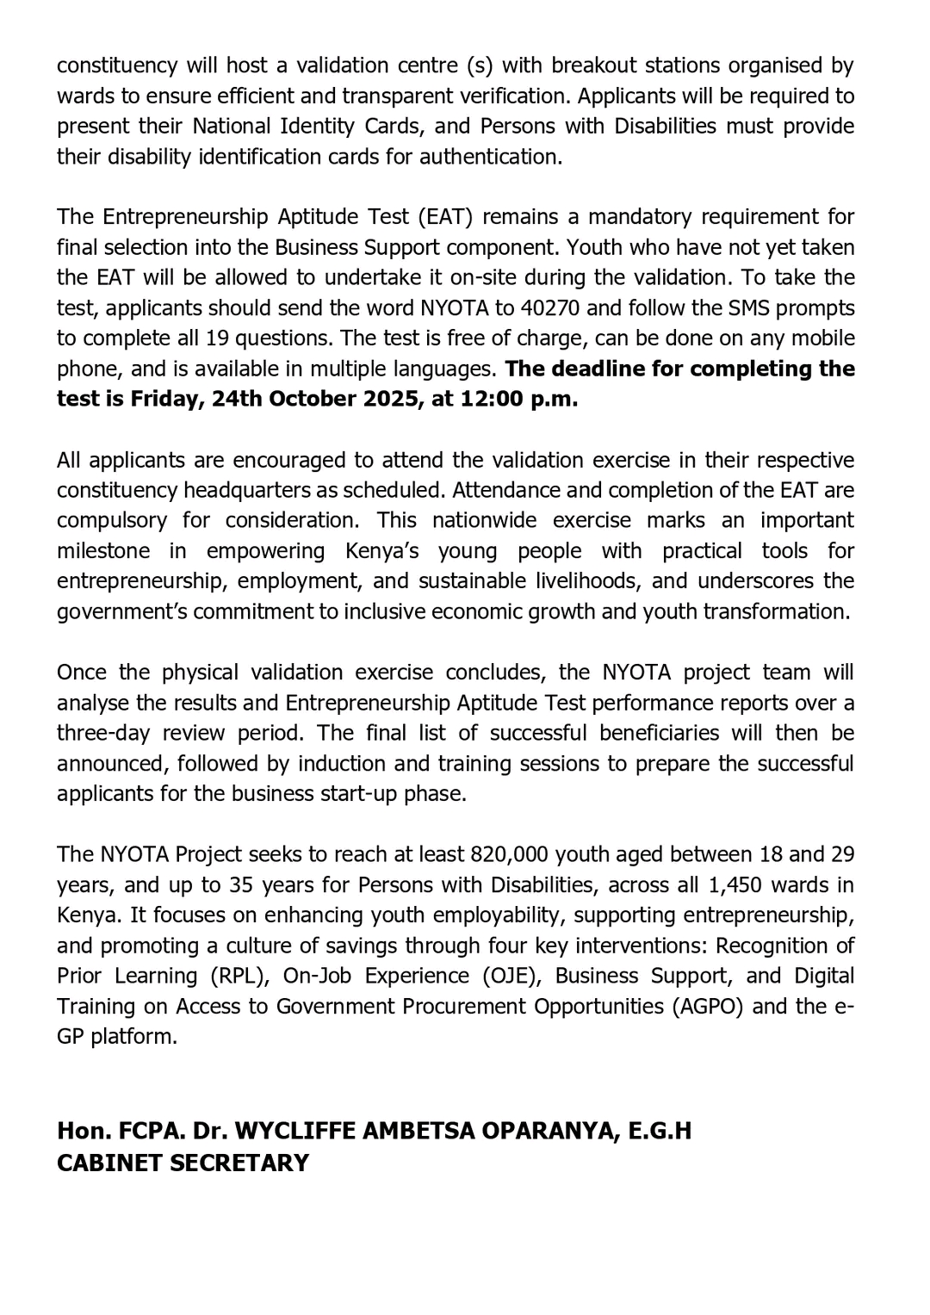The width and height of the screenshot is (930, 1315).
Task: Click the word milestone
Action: pos(103,551)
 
